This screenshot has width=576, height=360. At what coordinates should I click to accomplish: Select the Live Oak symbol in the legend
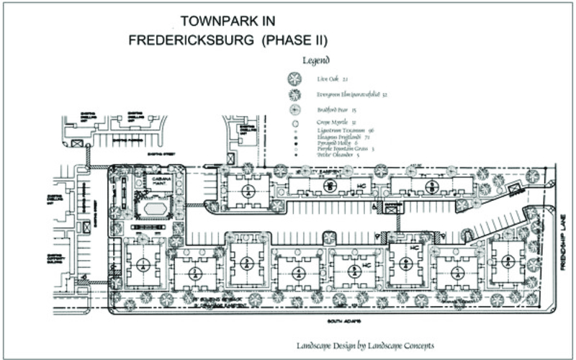point(294,79)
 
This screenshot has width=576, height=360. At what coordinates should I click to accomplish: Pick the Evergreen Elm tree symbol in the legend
point(294,94)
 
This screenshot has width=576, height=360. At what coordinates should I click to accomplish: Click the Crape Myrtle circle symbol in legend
point(294,123)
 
